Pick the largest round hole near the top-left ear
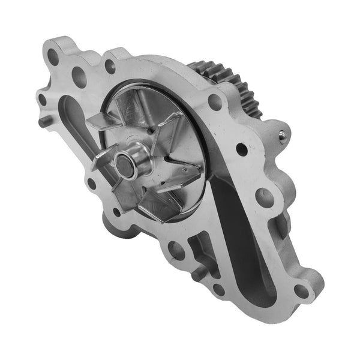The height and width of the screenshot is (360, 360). pos(78,74)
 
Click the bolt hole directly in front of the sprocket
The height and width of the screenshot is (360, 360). pos(215,101)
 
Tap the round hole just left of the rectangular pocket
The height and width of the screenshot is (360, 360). pos(176,248)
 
